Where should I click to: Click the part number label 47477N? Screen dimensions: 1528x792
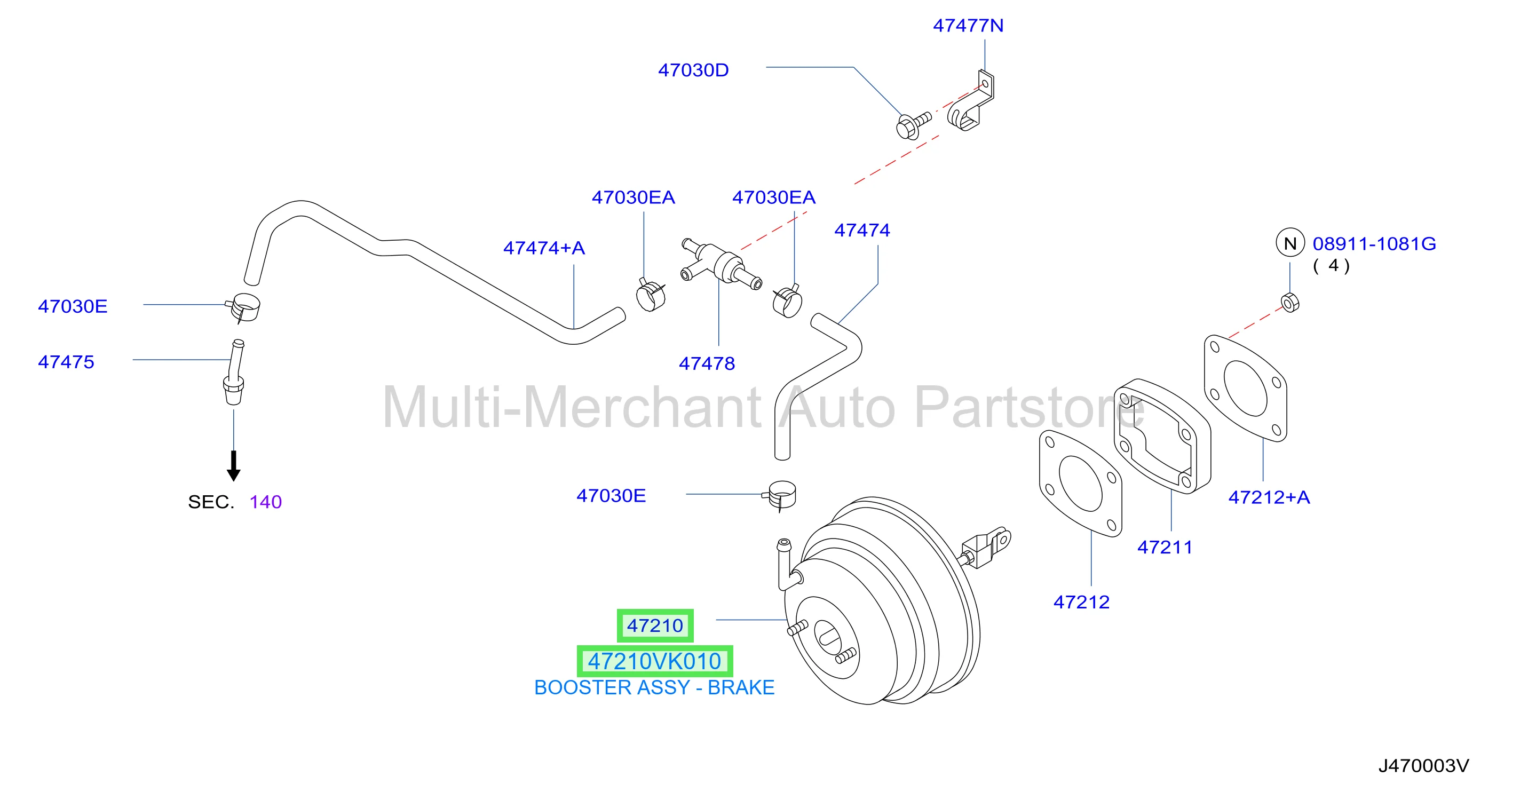(968, 26)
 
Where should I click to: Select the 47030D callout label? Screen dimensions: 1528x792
(693, 70)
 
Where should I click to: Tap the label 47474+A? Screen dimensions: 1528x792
(544, 248)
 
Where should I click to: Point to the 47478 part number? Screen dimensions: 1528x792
(707, 363)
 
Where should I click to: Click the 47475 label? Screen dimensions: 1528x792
(66, 362)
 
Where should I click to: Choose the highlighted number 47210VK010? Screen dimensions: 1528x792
(654, 661)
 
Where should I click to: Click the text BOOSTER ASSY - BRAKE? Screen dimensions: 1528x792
(654, 687)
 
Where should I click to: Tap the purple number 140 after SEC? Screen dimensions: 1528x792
(266, 502)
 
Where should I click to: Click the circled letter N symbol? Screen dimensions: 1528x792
(1289, 243)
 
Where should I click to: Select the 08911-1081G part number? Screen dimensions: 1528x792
(1374, 244)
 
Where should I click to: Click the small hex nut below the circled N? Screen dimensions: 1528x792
(1290, 303)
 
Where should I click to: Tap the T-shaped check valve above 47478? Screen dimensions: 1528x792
(720, 264)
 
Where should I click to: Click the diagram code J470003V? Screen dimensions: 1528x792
(1423, 766)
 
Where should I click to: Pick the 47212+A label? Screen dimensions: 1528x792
(1269, 497)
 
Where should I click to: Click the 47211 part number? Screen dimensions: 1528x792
(1165, 547)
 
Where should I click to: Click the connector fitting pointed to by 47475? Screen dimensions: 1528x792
(234, 372)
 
